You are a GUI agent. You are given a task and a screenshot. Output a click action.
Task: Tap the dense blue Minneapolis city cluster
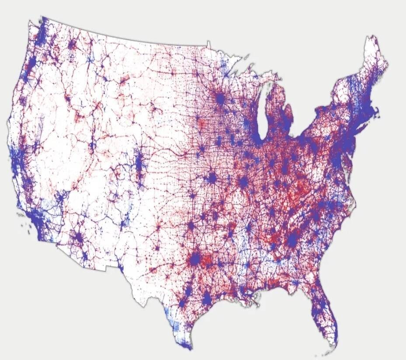220,99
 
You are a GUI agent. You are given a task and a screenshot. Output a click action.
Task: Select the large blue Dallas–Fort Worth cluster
195,259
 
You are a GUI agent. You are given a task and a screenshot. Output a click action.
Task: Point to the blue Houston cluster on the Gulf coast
207,298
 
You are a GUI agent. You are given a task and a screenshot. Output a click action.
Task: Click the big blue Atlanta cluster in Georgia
292,239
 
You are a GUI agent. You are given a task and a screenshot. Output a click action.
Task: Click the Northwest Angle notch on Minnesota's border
208,44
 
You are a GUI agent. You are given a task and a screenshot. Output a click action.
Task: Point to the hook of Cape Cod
377,115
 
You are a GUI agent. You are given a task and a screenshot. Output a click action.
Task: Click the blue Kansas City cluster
212,178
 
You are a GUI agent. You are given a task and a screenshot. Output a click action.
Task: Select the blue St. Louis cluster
243,180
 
